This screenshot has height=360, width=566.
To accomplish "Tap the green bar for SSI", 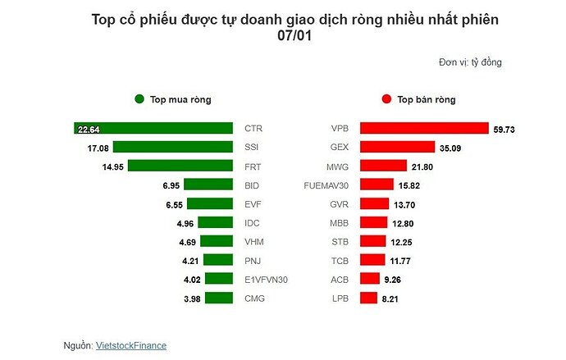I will pos(173,148).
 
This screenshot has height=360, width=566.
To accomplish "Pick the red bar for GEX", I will pos(398,148).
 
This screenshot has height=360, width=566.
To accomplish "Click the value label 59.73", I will pos(504,130).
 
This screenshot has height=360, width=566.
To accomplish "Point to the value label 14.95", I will pos(112,166).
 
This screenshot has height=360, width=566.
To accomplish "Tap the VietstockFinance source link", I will pos(131,346).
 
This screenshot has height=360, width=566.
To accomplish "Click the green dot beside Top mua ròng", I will pos(139,99).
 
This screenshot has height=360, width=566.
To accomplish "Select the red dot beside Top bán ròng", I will pos(386,99).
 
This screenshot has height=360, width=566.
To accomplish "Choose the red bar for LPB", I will pos(369,298).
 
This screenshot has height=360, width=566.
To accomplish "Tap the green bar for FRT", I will pos(180,166).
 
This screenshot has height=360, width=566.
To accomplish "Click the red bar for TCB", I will pos(373,261).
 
